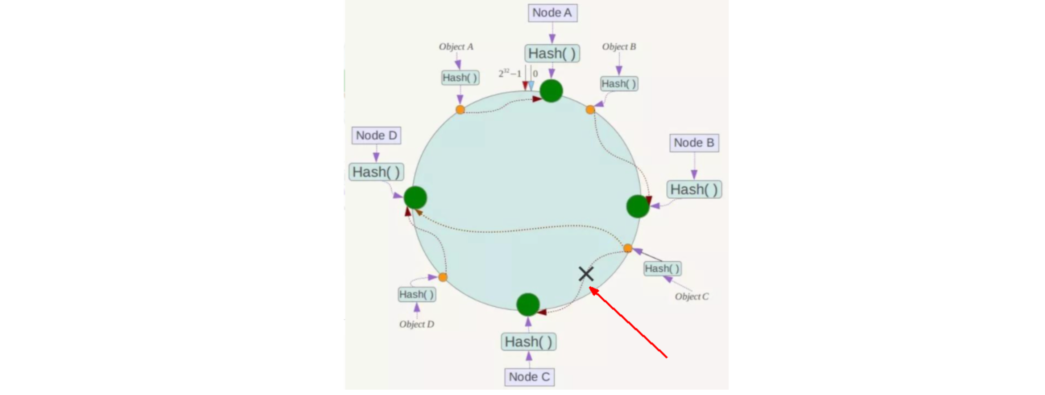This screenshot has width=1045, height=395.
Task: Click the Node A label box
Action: click(552, 13)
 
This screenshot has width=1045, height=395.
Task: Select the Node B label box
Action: click(694, 143)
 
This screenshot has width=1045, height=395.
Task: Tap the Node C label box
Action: click(529, 377)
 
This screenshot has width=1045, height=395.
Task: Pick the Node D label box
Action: click(376, 136)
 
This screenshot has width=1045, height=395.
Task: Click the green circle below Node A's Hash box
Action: click(551, 91)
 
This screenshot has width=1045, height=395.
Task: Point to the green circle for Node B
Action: click(638, 206)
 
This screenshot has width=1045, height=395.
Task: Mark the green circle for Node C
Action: click(528, 304)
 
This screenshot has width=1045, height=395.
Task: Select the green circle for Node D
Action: click(415, 197)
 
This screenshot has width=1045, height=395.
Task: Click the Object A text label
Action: click(456, 47)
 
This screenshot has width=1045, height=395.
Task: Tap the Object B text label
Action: click(619, 47)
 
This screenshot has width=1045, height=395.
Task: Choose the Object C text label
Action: click(692, 296)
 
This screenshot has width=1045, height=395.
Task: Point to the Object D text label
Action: click(416, 324)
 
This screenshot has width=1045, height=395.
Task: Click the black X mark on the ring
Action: click(586, 274)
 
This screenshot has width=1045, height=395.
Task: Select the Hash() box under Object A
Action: click(460, 78)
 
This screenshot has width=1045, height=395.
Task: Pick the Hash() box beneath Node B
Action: click(694, 189)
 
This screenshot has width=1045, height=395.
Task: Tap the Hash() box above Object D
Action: click(417, 295)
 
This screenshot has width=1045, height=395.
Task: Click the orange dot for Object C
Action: click(628, 248)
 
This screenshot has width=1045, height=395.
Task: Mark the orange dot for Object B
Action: click(590, 110)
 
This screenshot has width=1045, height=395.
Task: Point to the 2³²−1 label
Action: click(510, 74)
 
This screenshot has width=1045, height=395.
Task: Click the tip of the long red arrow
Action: click(590, 288)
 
